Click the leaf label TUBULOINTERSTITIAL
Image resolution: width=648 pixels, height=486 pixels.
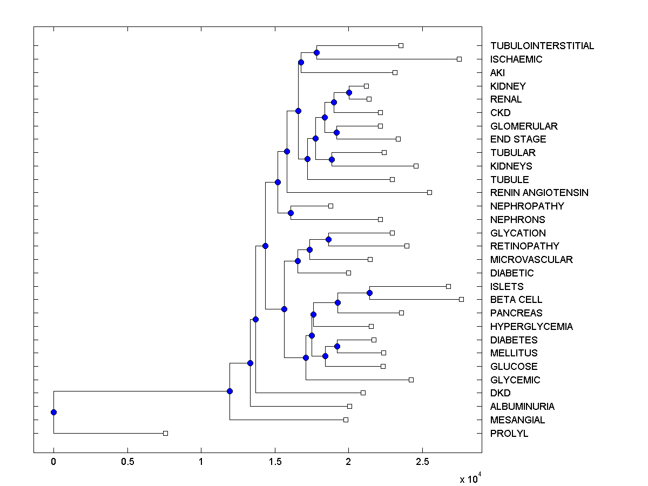(542, 46)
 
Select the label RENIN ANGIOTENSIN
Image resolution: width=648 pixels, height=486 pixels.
(539, 193)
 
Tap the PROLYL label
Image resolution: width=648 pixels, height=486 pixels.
(509, 434)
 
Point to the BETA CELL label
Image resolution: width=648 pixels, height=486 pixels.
(516, 300)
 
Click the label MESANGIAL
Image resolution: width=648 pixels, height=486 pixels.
(517, 420)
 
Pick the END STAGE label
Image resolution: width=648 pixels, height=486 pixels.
(518, 139)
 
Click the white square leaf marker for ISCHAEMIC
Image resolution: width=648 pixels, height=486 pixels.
(459, 59)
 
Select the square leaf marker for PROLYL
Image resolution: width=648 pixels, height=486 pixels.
(165, 433)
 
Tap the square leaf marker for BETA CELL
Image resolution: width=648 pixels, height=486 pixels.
(461, 299)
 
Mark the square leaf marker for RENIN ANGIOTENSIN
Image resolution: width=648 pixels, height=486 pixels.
(429, 192)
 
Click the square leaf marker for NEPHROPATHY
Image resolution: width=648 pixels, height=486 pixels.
(331, 206)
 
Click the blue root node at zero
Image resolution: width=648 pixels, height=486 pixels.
(53, 412)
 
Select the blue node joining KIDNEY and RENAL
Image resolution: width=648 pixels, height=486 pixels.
(349, 92)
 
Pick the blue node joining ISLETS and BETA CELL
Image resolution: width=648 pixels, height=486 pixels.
(369, 293)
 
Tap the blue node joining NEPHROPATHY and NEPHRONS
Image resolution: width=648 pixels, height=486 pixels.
(291, 213)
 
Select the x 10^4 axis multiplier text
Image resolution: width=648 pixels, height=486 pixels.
(468, 478)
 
